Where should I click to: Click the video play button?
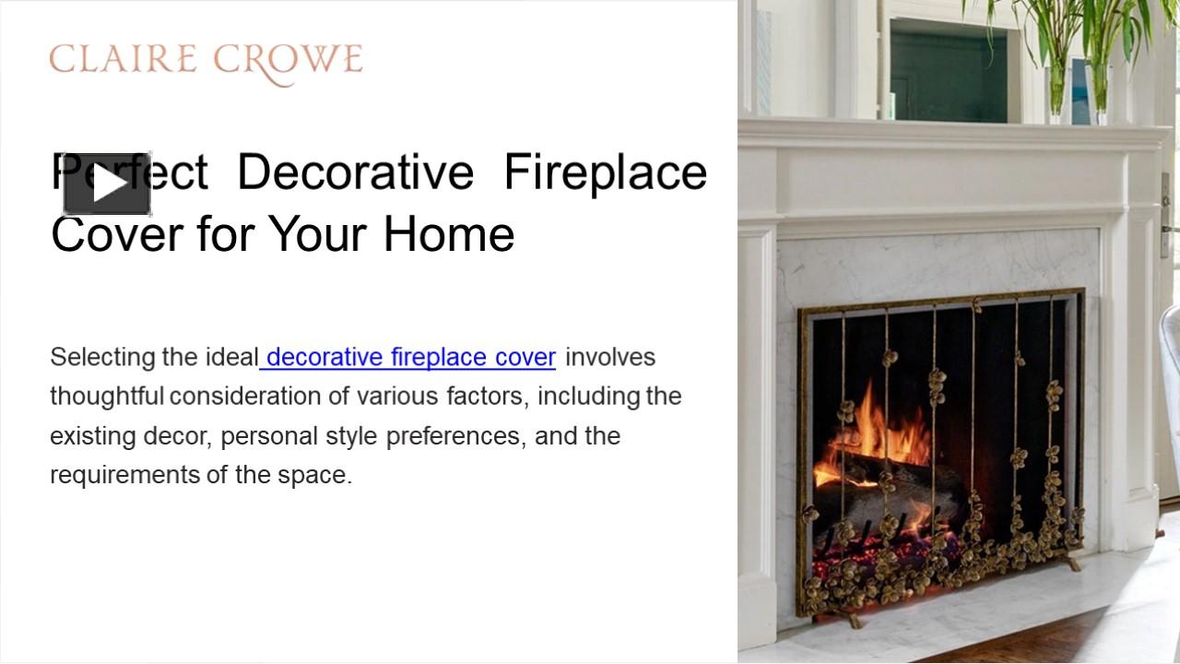(x=107, y=184)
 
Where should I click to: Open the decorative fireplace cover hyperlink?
(x=409, y=357)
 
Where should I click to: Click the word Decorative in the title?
(x=355, y=172)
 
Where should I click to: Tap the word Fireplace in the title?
(x=605, y=172)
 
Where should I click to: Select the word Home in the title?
(x=449, y=233)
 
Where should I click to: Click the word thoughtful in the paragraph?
(x=107, y=397)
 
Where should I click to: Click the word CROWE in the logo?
(x=288, y=61)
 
